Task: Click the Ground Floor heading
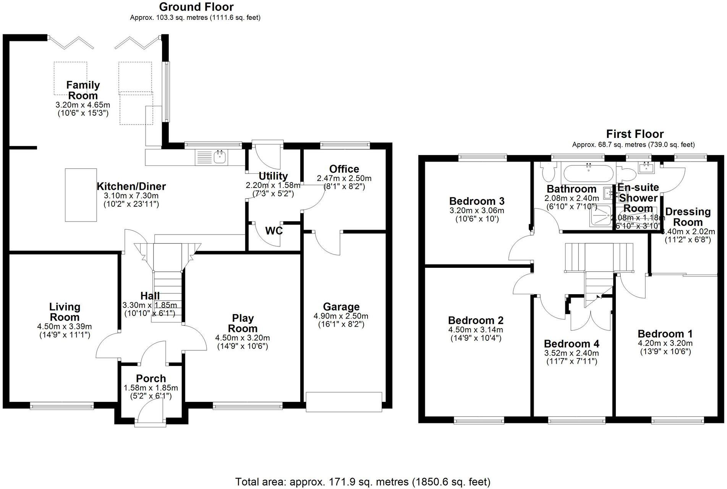196,7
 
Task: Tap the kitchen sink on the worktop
220,157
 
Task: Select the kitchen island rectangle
81,195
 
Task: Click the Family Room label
83,90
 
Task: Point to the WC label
274,231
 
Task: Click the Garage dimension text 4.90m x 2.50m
341,316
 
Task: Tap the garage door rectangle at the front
344,402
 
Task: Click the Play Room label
243,323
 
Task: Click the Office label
344,169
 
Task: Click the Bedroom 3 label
477,201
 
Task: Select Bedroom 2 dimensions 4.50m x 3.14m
475,330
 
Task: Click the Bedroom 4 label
572,343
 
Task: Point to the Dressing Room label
688,217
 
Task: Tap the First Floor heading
635,134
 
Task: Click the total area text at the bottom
363,482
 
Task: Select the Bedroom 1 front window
677,421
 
